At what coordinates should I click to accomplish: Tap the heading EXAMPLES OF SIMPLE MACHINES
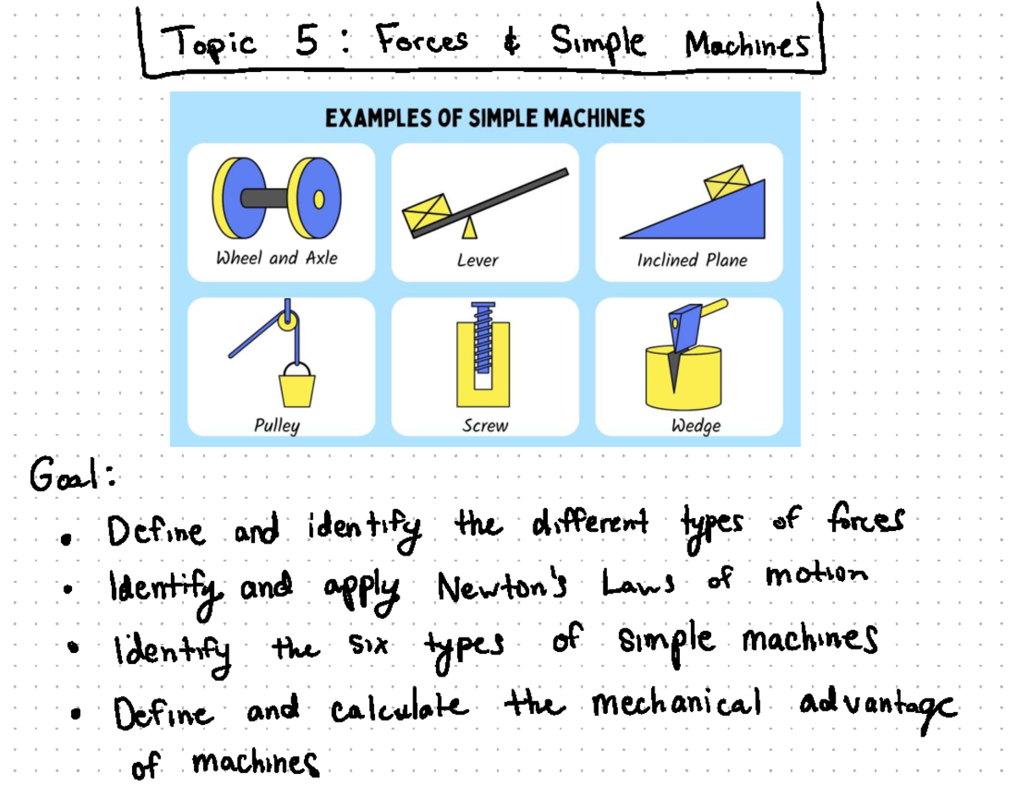[x=485, y=118]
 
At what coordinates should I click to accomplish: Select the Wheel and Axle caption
[x=277, y=258]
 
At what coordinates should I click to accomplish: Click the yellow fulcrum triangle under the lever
[x=468, y=228]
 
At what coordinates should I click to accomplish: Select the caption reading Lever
[x=478, y=261]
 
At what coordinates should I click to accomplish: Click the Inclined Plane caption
[x=692, y=260]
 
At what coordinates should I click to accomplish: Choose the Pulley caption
[x=277, y=425]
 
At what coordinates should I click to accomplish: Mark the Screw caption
[x=485, y=426]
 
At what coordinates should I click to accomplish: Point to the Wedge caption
[x=696, y=426]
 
